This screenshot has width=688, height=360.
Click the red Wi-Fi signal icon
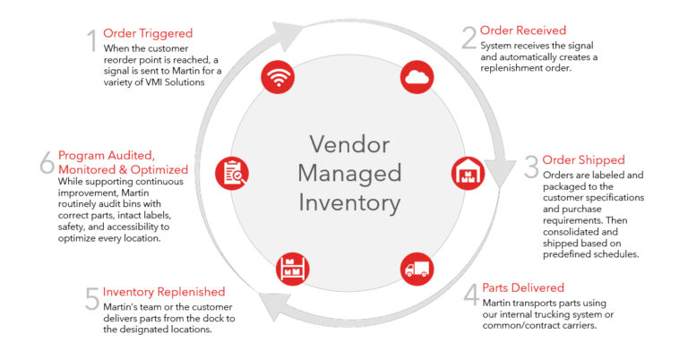pyautogui.click(x=279, y=78)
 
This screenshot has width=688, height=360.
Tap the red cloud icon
pyautogui.click(x=417, y=78)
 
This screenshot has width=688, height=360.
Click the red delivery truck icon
pyautogui.click(x=417, y=268)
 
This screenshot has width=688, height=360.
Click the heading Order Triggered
pyautogui.click(x=147, y=33)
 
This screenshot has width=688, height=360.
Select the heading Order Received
pyautogui.click(x=523, y=30)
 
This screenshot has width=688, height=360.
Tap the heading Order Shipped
pyautogui.click(x=584, y=160)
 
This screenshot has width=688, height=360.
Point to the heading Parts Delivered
pyautogui.click(x=522, y=287)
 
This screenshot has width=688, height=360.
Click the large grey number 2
pyautogui.click(x=469, y=37)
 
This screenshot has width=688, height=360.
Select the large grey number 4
pyautogui.click(x=470, y=295)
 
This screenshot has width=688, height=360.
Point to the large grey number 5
pyautogui.click(x=90, y=298)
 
